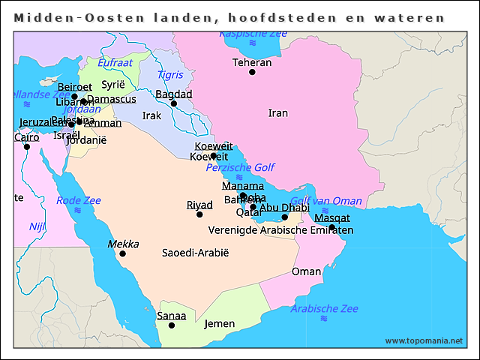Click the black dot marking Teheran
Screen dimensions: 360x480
coord(252,73)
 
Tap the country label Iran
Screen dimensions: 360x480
coord(277,113)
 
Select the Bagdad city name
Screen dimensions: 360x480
coord(174,94)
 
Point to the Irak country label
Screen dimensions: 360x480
coord(151,116)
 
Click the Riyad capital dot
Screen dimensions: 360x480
coord(199,214)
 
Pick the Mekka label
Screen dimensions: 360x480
coord(123,244)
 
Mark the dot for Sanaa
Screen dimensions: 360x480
coord(172,325)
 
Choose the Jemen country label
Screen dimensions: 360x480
coord(220,324)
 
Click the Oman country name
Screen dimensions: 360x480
coord(306,271)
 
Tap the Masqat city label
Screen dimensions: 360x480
coord(331,217)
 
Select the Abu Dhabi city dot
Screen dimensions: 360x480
coord(284,217)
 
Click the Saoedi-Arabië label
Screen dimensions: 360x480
coord(195,253)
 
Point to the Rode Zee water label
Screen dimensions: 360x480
coord(78,200)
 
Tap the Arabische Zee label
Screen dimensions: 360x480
coord(325,308)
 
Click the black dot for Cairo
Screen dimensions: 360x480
coord(26,147)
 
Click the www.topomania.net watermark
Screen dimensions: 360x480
coord(424,340)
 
